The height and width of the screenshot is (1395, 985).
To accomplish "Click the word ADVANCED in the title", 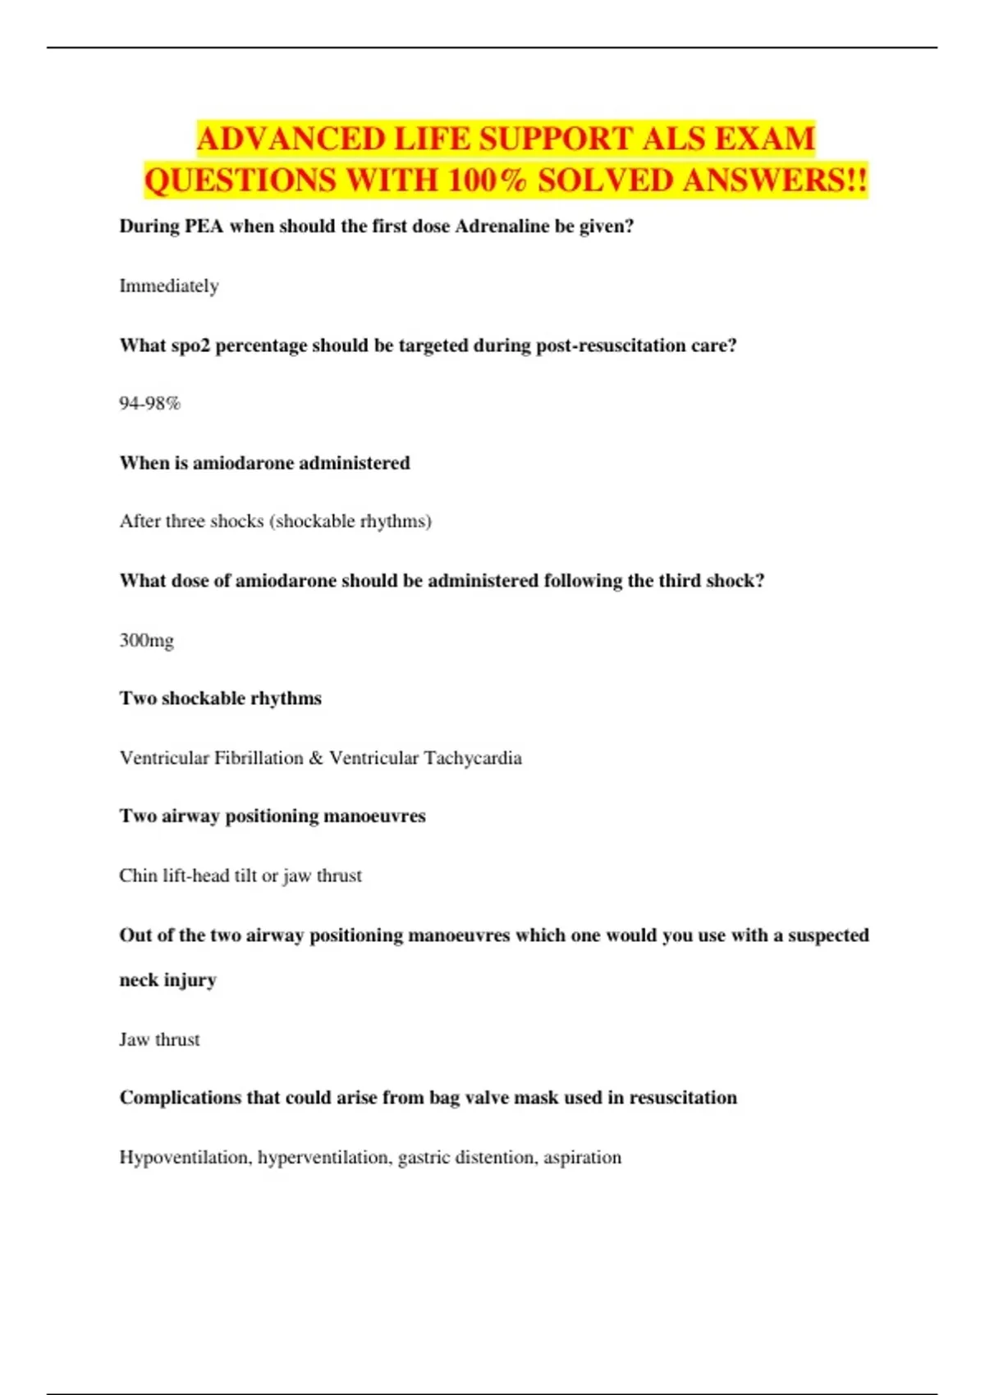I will pos(291,139).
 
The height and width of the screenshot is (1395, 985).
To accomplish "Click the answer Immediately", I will pos(169,286).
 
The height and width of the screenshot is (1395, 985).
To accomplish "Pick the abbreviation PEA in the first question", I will pos(204,226).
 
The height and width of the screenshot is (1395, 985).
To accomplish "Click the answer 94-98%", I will pos(149,404).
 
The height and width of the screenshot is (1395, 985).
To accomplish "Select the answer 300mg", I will pos(146,640).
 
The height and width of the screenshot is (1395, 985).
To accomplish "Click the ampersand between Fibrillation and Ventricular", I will pos(316,757).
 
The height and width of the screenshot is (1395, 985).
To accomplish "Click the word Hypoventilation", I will pos(185,1158).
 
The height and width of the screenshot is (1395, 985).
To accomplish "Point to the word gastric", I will pos(424,1158).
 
